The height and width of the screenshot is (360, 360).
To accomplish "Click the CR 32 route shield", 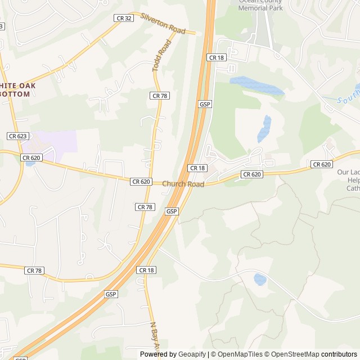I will click(124, 18).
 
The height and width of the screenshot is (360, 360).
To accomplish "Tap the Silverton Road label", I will click(163, 24).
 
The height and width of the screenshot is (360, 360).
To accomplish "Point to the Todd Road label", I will click(161, 55).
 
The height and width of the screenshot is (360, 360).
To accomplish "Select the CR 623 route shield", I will click(18, 136).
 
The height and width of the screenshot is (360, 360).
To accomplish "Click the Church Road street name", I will click(183, 184).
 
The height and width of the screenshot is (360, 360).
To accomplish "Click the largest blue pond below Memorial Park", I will click(256, 85).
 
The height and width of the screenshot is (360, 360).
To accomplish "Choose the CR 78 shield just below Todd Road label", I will click(159, 96).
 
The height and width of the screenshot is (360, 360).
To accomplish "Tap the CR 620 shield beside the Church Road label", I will click(141, 181).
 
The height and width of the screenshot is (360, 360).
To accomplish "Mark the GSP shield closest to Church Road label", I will click(172, 211).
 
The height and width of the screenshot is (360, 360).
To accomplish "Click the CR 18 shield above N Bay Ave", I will click(146, 271).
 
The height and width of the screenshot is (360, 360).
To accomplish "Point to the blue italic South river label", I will click(348, 99).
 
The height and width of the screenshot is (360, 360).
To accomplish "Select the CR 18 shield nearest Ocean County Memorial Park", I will click(216, 57).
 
